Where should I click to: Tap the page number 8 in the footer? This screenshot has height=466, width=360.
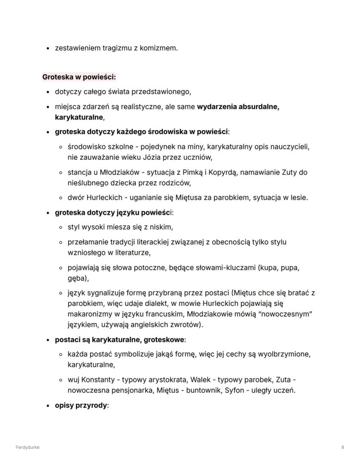click(x=343, y=447)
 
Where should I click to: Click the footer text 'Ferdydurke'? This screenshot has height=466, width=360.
click(x=27, y=447)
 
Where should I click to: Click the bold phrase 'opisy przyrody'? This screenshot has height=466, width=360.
click(x=81, y=405)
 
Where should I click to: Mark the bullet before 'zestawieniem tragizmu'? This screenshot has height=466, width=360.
click(x=48, y=48)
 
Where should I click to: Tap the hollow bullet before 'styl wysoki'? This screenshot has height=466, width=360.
click(x=61, y=227)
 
